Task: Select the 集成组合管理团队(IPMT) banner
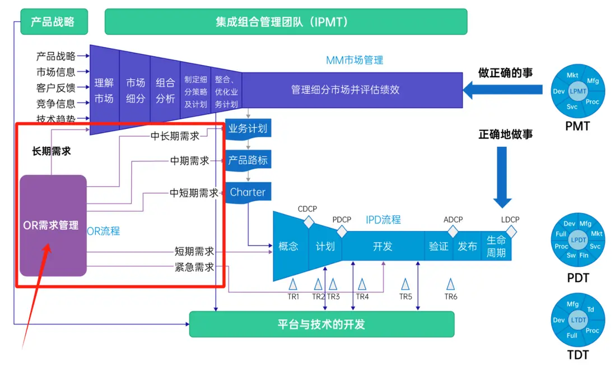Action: pyautogui.click(x=286, y=22)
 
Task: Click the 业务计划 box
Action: pyautogui.click(x=248, y=129)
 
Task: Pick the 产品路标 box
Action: pyautogui.click(x=248, y=160)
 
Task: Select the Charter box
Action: pyautogui.click(x=248, y=192)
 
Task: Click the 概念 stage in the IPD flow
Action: pyautogui.click(x=288, y=246)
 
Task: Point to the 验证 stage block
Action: pyautogui.click(x=439, y=246)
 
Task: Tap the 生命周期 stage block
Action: pyautogui.click(x=496, y=246)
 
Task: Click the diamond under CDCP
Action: pyautogui.click(x=309, y=222)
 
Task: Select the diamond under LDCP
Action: pyautogui.click(x=511, y=231)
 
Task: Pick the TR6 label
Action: pyautogui.click(x=451, y=296)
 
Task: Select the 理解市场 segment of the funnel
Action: pyautogui.click(x=104, y=90)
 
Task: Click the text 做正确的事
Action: pyautogui.click(x=505, y=73)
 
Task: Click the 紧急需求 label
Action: pyautogui.click(x=194, y=267)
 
